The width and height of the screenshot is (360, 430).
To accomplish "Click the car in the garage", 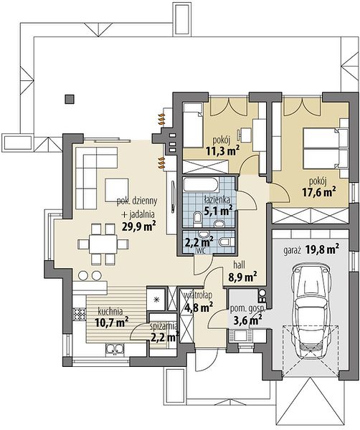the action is click(310, 311).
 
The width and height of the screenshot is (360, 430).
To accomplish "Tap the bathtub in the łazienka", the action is click(201, 185).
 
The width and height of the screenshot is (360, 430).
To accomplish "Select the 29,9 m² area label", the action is click(139, 226).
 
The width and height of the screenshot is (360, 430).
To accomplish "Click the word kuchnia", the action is click(110, 311).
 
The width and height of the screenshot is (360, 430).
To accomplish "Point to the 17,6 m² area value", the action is click(319, 191).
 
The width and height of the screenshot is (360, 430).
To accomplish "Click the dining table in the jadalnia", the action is click(103, 244).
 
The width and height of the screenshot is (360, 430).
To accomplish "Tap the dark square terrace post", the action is click(70, 99).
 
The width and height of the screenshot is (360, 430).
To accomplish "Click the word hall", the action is click(240, 265).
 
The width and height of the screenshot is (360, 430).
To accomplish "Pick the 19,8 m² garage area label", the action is click(322, 249).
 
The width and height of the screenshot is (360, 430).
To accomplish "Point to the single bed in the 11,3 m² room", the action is click(192, 125).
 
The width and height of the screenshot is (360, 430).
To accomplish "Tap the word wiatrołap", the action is click(198, 295).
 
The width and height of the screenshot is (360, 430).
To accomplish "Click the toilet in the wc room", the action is click(227, 242).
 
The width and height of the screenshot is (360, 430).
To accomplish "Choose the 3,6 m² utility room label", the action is click(247, 320).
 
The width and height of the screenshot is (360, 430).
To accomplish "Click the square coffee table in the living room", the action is click(117, 190).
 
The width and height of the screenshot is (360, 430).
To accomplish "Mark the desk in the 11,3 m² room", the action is click(246, 135).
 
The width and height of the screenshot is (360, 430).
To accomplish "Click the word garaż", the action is click(293, 251).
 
